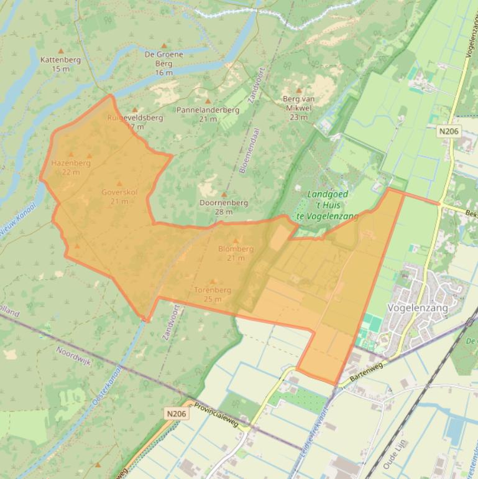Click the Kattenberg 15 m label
click(x=60, y=64)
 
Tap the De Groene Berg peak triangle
click(x=164, y=46)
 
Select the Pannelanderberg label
click(x=208, y=109)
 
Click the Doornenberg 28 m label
click(x=224, y=207)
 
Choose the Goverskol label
click(x=119, y=197)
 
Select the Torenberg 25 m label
click(x=213, y=294)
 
